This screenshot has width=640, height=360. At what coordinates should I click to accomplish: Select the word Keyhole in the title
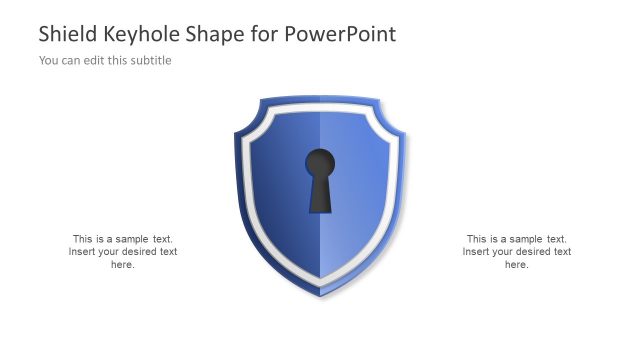point(144,34)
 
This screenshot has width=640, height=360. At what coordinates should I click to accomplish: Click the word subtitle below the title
point(150,61)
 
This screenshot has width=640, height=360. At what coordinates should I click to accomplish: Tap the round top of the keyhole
point(320,162)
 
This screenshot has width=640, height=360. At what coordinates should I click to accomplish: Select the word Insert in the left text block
point(83,252)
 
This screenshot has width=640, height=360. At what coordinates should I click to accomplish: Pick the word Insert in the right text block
point(477,252)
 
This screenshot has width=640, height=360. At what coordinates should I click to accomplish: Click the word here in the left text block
point(122,265)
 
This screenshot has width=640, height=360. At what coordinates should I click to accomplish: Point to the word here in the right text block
point(516,265)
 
